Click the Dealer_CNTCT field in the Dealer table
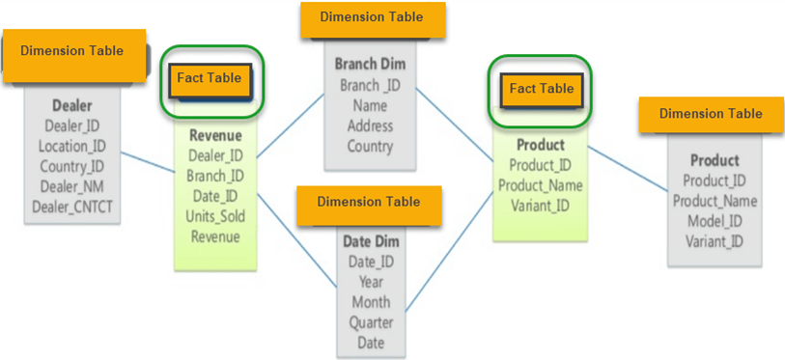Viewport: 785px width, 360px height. (72, 206)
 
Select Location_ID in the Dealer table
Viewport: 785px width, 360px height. (72, 146)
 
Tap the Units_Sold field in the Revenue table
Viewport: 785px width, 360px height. (215, 216)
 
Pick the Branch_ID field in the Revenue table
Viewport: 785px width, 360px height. (215, 176)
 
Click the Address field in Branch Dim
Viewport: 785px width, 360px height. (370, 125)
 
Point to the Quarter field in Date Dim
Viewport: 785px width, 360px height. (371, 322)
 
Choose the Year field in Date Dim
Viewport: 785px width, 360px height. (371, 282)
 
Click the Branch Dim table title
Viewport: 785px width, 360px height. (371, 65)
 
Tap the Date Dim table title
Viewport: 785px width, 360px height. (371, 240)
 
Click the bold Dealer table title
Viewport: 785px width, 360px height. (72, 105)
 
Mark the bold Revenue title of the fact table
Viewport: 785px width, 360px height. (215, 135)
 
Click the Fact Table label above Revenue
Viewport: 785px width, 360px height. (208, 78)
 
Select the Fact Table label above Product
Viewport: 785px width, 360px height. (541, 89)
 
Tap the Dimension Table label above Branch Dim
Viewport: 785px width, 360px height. (371, 17)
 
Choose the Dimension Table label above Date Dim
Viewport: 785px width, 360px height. (369, 202)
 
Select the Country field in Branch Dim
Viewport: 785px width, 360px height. (371, 147)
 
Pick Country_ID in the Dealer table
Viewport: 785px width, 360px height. (72, 166)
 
